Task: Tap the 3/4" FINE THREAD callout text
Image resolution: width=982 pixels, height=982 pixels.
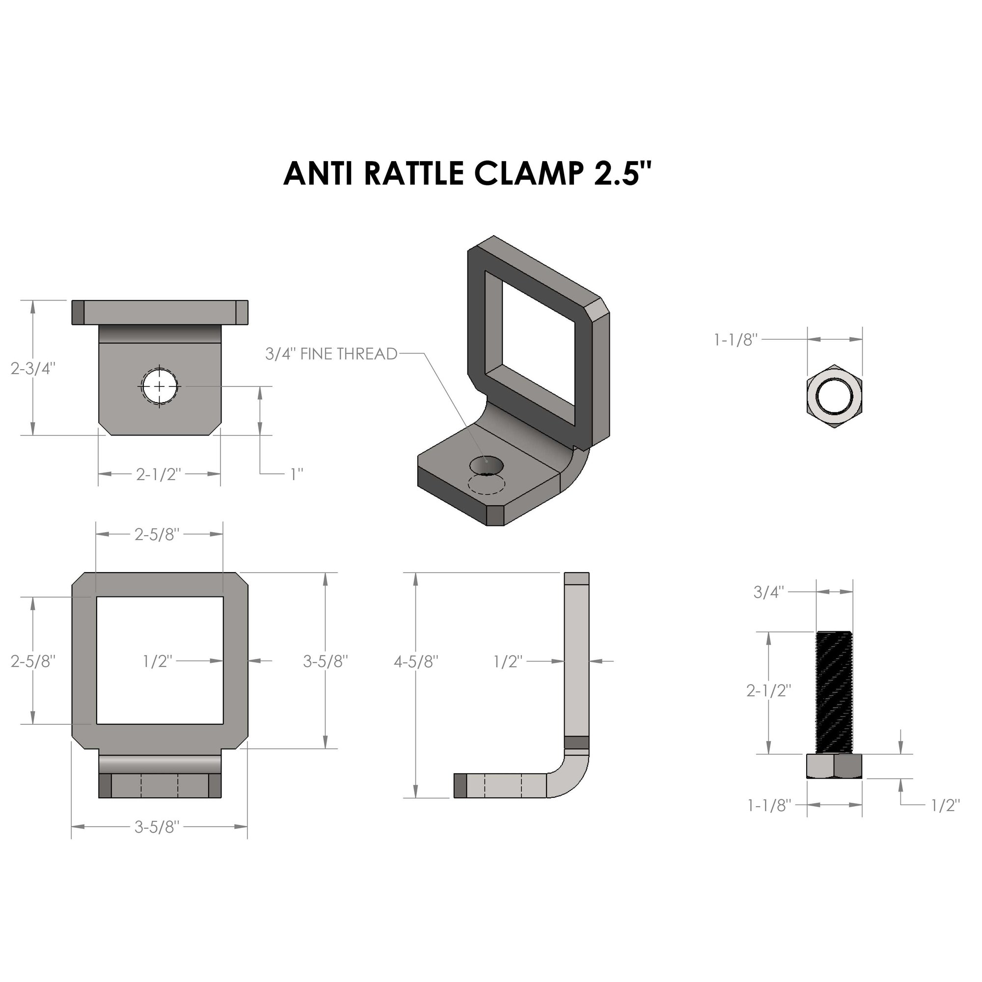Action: point(331,354)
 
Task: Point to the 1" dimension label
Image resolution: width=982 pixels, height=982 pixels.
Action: point(297,474)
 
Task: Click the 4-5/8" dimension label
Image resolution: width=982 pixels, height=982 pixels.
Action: point(416,661)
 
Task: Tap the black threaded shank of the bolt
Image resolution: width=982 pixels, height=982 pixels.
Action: point(835,692)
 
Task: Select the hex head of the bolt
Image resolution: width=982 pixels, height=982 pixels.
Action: point(835,766)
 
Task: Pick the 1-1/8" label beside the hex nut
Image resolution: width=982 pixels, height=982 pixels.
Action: point(736,340)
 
